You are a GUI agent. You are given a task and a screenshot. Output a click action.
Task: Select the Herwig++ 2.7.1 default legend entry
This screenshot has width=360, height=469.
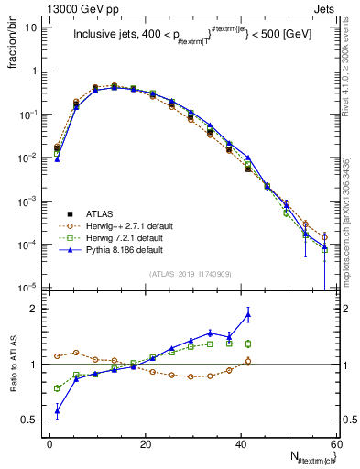tap(128, 224)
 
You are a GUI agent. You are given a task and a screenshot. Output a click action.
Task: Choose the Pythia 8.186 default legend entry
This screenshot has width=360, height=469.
tap(125, 248)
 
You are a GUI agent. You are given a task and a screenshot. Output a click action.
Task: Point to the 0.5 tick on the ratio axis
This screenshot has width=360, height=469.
tap(31, 420)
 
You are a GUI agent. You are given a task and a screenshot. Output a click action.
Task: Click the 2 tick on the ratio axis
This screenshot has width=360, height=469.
tap(35, 310)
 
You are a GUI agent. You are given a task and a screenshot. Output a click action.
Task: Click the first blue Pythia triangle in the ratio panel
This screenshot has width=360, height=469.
tap(57, 411)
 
